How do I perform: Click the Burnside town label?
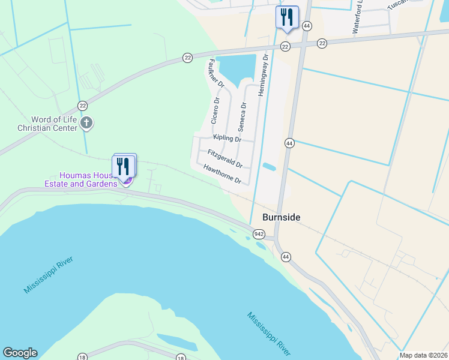pyautogui.click(x=281, y=217)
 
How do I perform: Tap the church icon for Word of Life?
pyautogui.click(x=87, y=124)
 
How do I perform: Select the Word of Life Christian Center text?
pyautogui.click(x=47, y=124)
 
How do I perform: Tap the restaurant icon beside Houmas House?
pyautogui.click(x=124, y=166)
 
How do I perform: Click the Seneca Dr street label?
pyautogui.click(x=242, y=117)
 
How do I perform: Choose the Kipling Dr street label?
pyautogui.click(x=223, y=138)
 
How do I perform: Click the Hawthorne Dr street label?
pyautogui.click(x=221, y=174)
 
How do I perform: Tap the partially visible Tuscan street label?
pyautogui.click(x=397, y=4)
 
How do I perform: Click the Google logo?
pyautogui.click(x=20, y=353)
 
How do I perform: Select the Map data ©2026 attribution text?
pyautogui.click(x=424, y=355)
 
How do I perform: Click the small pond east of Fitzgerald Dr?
pyautogui.click(x=270, y=167)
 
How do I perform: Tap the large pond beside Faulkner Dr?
pyautogui.click(x=237, y=68)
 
